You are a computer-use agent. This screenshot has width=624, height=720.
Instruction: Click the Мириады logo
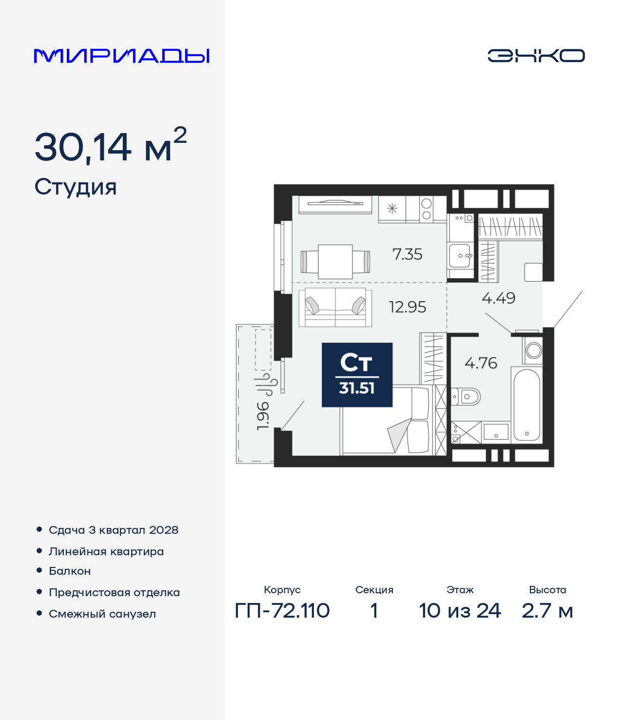click(121, 56)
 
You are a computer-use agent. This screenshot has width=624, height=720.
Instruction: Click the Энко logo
click(536, 56)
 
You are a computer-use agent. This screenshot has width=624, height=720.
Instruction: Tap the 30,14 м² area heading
click(111, 146)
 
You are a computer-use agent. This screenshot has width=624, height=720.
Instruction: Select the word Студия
click(75, 187)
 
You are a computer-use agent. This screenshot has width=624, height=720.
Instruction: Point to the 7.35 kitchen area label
click(407, 254)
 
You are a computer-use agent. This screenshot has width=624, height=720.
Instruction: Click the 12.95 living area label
click(407, 307)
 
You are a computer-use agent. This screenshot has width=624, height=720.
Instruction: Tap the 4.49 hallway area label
click(498, 298)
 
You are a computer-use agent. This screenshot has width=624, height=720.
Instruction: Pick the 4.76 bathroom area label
click(481, 363)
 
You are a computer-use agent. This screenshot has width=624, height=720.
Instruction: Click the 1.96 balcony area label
click(263, 416)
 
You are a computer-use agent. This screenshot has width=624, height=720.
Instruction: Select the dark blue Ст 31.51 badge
click(357, 375)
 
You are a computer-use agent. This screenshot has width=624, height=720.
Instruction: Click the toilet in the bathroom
click(466, 397)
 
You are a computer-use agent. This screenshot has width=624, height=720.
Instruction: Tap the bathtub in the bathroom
click(526, 405)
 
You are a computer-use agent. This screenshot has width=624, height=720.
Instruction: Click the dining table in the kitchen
click(335, 262)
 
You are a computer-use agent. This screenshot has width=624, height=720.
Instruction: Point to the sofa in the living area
click(335, 307)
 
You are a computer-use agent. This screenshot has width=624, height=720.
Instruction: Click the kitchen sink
click(460, 255)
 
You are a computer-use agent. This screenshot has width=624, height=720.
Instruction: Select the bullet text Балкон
click(70, 571)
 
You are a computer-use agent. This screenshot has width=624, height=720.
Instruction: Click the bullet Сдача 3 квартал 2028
click(114, 530)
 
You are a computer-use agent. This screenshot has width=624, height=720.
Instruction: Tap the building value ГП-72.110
click(282, 611)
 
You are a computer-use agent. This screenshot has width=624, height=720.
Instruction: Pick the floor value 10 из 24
click(460, 611)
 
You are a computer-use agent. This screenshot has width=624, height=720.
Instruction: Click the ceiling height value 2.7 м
click(547, 611)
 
